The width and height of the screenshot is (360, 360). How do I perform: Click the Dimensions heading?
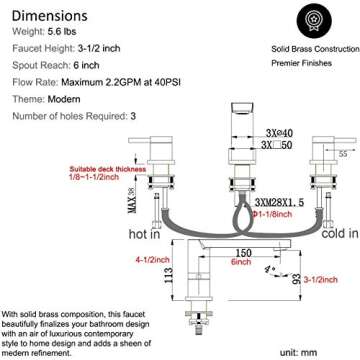click(57, 16)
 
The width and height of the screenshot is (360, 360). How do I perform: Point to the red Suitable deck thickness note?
click(78, 170)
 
